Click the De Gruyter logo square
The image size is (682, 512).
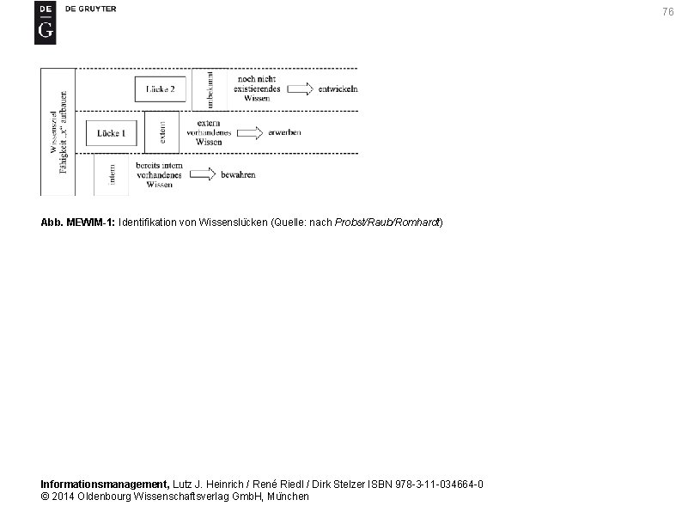pos(45,22)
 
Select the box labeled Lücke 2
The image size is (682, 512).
pos(161,89)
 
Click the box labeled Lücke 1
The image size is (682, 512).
pos(112,133)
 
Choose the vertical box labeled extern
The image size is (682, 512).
pos(161,132)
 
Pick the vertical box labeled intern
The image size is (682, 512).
pos(113,175)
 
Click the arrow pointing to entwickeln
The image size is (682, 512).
pos(300,88)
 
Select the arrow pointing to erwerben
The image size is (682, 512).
pos(249,132)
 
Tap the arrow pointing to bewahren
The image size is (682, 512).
pos(202,174)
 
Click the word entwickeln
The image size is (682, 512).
pos(338,89)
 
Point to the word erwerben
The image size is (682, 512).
pos(284,133)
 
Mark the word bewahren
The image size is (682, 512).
pos(238,175)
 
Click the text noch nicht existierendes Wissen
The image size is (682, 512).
pos(256,88)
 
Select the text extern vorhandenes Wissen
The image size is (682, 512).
pos(209,132)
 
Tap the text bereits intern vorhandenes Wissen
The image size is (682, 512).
pos(159,174)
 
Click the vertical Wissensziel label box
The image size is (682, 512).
pos(58,132)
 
